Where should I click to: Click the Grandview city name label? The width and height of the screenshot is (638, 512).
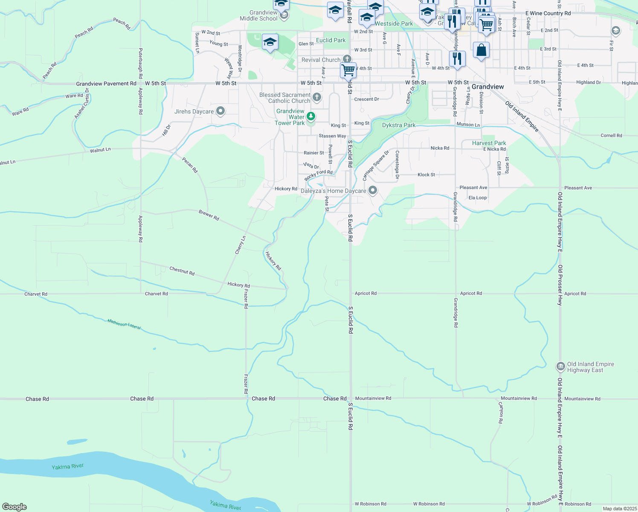(x=487, y=87)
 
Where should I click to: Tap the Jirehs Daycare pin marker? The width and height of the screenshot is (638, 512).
(x=220, y=111)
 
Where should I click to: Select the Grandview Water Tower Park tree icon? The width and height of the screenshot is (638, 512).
(x=311, y=116)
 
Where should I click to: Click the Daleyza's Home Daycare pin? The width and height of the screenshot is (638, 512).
(x=373, y=190)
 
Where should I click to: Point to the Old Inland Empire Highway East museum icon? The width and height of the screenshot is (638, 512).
(x=560, y=367)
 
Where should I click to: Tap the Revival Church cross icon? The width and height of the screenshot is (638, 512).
(x=347, y=59)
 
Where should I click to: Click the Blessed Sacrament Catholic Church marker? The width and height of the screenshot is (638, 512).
(x=316, y=97)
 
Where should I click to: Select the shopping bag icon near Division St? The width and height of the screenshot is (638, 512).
(x=481, y=50)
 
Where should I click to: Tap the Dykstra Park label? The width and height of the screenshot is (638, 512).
(x=398, y=125)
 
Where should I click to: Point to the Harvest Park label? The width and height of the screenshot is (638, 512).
(x=489, y=143)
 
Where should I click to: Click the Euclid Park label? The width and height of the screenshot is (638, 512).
(x=331, y=40)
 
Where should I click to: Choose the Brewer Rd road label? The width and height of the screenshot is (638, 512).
(x=209, y=215)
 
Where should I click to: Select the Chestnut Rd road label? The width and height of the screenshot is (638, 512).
(x=182, y=271)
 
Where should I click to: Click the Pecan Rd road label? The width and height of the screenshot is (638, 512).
(x=190, y=165)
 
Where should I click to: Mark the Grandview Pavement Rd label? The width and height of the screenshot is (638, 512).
(x=106, y=84)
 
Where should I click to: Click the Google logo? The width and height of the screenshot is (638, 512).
(x=14, y=507)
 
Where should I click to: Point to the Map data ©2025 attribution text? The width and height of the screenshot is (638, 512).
(x=619, y=509)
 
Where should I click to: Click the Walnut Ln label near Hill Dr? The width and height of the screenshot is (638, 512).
(x=100, y=150)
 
